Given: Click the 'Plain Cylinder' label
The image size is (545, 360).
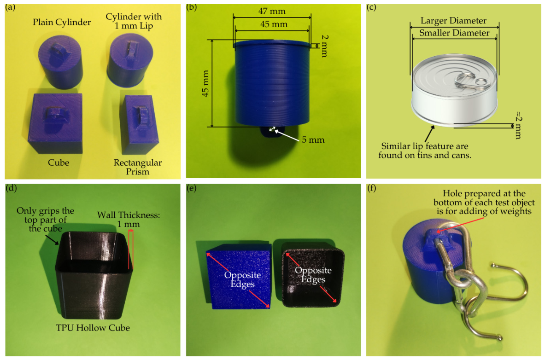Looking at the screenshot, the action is [62, 22].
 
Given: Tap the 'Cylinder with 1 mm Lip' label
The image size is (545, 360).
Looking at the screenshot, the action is [134, 21].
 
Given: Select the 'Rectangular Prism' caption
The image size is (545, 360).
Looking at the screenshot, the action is [138, 167].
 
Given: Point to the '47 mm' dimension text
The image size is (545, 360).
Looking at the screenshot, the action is [272, 11].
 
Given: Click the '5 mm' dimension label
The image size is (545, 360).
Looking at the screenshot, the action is [313, 139].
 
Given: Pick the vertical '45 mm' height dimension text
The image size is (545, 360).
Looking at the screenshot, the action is [205, 83].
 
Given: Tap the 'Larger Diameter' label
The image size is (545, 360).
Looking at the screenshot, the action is [454, 21].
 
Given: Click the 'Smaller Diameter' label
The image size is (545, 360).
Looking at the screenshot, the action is [454, 33].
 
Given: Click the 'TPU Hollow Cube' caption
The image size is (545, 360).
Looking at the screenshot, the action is [93, 328].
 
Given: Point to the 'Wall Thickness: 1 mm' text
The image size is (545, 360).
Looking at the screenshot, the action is [129, 220].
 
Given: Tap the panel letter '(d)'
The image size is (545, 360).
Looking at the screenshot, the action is [12, 188].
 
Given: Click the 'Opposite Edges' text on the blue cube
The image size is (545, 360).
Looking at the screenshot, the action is [243, 279].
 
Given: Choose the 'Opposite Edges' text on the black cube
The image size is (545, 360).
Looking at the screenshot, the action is [313, 275].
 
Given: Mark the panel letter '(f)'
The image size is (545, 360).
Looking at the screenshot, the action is [372, 188].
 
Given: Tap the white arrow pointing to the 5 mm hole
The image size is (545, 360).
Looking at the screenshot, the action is [285, 135].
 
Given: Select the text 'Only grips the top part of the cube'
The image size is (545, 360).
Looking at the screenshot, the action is [45, 220].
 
